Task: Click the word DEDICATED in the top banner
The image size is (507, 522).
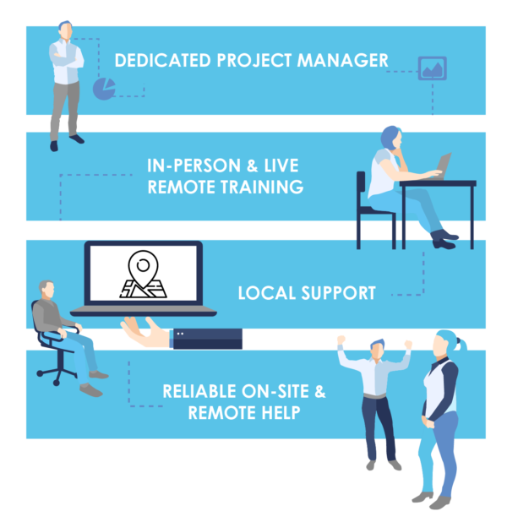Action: click(162, 61)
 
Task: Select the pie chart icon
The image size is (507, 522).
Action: click(104, 89)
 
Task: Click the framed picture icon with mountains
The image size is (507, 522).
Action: click(432, 68)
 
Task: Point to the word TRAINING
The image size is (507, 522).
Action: click(263, 187)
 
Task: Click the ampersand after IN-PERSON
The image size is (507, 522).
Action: click(252, 166)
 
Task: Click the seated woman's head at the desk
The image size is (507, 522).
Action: click(391, 139)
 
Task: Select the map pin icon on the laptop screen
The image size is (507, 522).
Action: click(144, 274)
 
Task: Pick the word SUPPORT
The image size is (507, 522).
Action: click(339, 293)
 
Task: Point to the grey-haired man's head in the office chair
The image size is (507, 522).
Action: click(46, 290)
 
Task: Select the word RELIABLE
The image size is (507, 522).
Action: click(200, 392)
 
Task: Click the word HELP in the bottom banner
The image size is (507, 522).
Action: click(281, 413)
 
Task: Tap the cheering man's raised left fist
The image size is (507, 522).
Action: click(341, 340)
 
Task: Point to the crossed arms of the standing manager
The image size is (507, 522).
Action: click(66, 60)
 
